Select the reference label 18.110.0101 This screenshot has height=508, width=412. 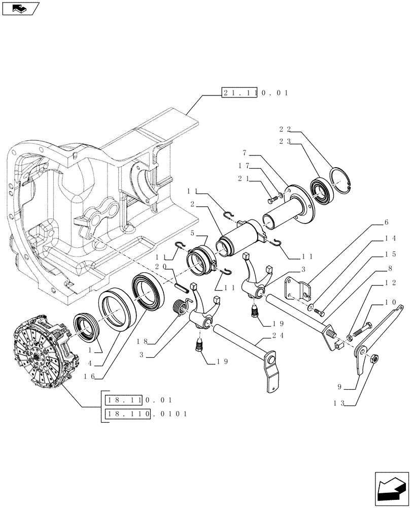(146, 415)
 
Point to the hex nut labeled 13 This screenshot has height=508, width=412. (373, 359)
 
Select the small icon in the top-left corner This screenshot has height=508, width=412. (20, 8)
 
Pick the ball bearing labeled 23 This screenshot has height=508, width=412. (321, 192)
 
